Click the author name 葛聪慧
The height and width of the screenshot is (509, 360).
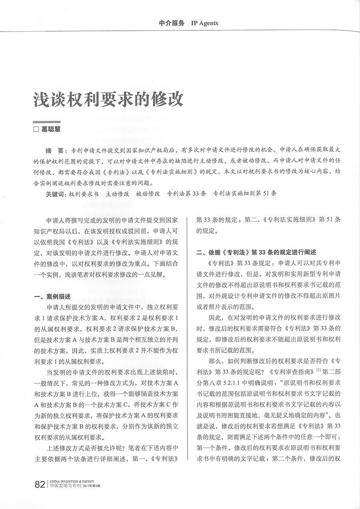click(52, 130)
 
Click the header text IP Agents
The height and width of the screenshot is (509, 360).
click(202, 23)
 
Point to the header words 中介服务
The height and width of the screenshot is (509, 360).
click(172, 23)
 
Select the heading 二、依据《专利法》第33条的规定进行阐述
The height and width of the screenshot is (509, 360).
click(256, 252)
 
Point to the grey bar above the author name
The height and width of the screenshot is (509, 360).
click(47, 122)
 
